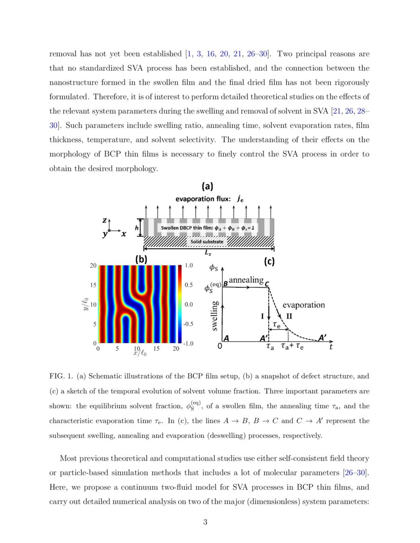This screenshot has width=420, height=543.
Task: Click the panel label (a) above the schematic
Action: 207,186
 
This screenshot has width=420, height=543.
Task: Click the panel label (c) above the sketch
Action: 269,262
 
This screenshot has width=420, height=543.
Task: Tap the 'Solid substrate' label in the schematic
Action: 207,241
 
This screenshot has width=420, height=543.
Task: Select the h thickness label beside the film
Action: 137,228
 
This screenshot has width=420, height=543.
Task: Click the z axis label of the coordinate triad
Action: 105,221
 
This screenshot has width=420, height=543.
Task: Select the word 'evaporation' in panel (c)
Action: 303,305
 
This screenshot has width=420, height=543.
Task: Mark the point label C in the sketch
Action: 267,284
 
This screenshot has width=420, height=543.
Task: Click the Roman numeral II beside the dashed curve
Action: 290,316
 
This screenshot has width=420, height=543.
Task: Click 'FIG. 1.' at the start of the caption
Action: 61,376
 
